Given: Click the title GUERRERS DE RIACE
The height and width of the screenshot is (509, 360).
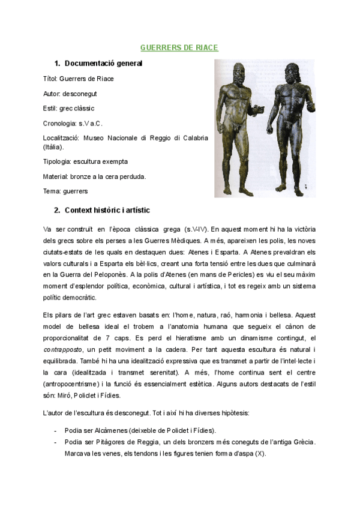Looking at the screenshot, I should point(179,47).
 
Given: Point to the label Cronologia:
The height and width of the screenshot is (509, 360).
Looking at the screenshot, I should point(60,123).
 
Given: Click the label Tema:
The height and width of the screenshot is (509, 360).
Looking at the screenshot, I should point(53,191).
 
